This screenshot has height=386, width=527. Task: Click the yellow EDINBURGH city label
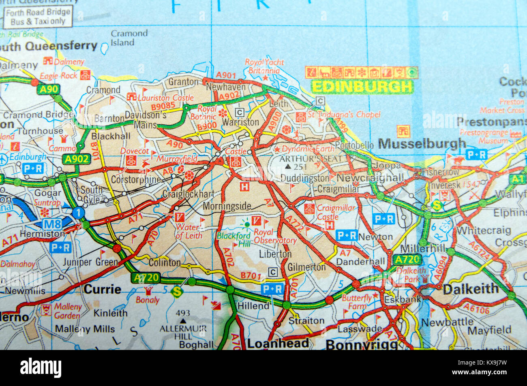tap(362, 87)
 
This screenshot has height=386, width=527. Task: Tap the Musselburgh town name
tap(422, 144)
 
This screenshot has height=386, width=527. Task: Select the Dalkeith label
tap(470, 289)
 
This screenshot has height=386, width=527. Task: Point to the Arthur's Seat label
tap(311, 159)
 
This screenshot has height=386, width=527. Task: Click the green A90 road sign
tap(49, 90)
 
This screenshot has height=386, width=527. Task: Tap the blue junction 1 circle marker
tap(78, 212)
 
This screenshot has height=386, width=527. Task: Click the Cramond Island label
tap(129, 38)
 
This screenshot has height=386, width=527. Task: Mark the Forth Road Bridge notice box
tap(38, 17)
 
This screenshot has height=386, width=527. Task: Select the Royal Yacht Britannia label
tap(264, 66)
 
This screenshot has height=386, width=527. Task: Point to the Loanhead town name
tap(278, 343)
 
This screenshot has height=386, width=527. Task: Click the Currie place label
tap(102, 289)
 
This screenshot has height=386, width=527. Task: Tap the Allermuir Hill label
tap(183, 332)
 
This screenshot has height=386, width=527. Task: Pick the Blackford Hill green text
tap(234, 239)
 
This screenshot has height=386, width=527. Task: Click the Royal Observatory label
tap(275, 236)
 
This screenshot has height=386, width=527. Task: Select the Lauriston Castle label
tap(165, 98)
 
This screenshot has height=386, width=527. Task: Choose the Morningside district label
tap(227, 206)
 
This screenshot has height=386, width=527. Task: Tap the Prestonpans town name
tap(491, 122)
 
